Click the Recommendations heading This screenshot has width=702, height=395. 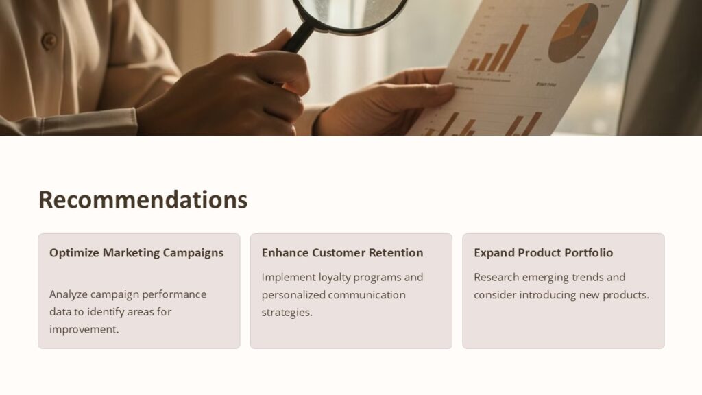[x=143, y=200]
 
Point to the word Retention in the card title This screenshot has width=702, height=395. [x=396, y=253]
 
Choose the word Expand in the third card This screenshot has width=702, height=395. [x=494, y=253]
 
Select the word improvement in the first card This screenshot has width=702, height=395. [x=84, y=329]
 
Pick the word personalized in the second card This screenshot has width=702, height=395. [x=293, y=295]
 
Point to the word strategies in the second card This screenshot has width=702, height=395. [x=287, y=313]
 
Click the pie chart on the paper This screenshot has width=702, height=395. [x=573, y=32]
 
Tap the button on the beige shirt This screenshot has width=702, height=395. [x=49, y=41]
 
